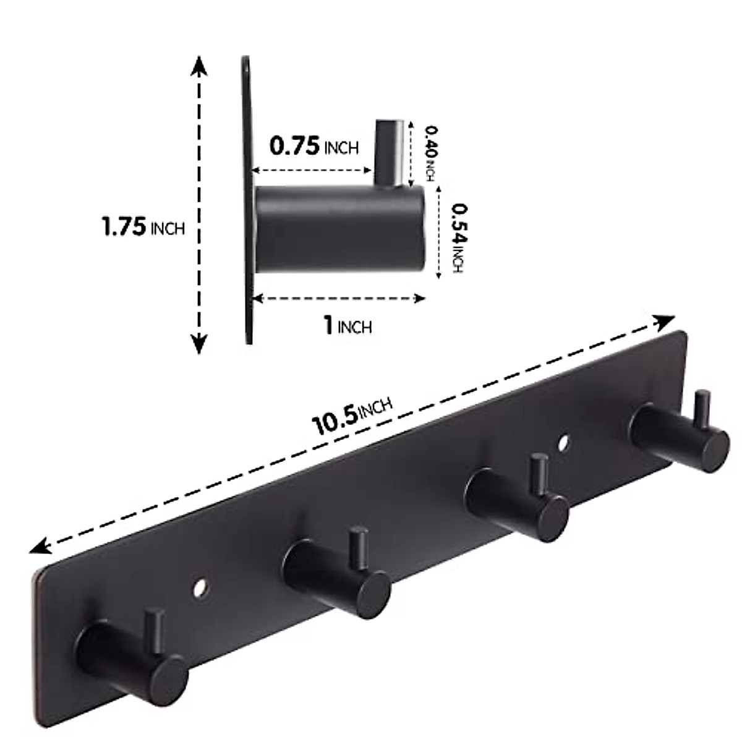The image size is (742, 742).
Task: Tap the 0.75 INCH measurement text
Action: [x=313, y=147]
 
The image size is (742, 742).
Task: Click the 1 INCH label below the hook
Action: [x=348, y=325]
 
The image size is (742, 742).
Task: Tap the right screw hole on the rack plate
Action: [x=563, y=443]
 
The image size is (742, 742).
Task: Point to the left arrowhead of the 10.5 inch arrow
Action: [x=43, y=545]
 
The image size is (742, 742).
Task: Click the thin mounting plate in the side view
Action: [x=245, y=198]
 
